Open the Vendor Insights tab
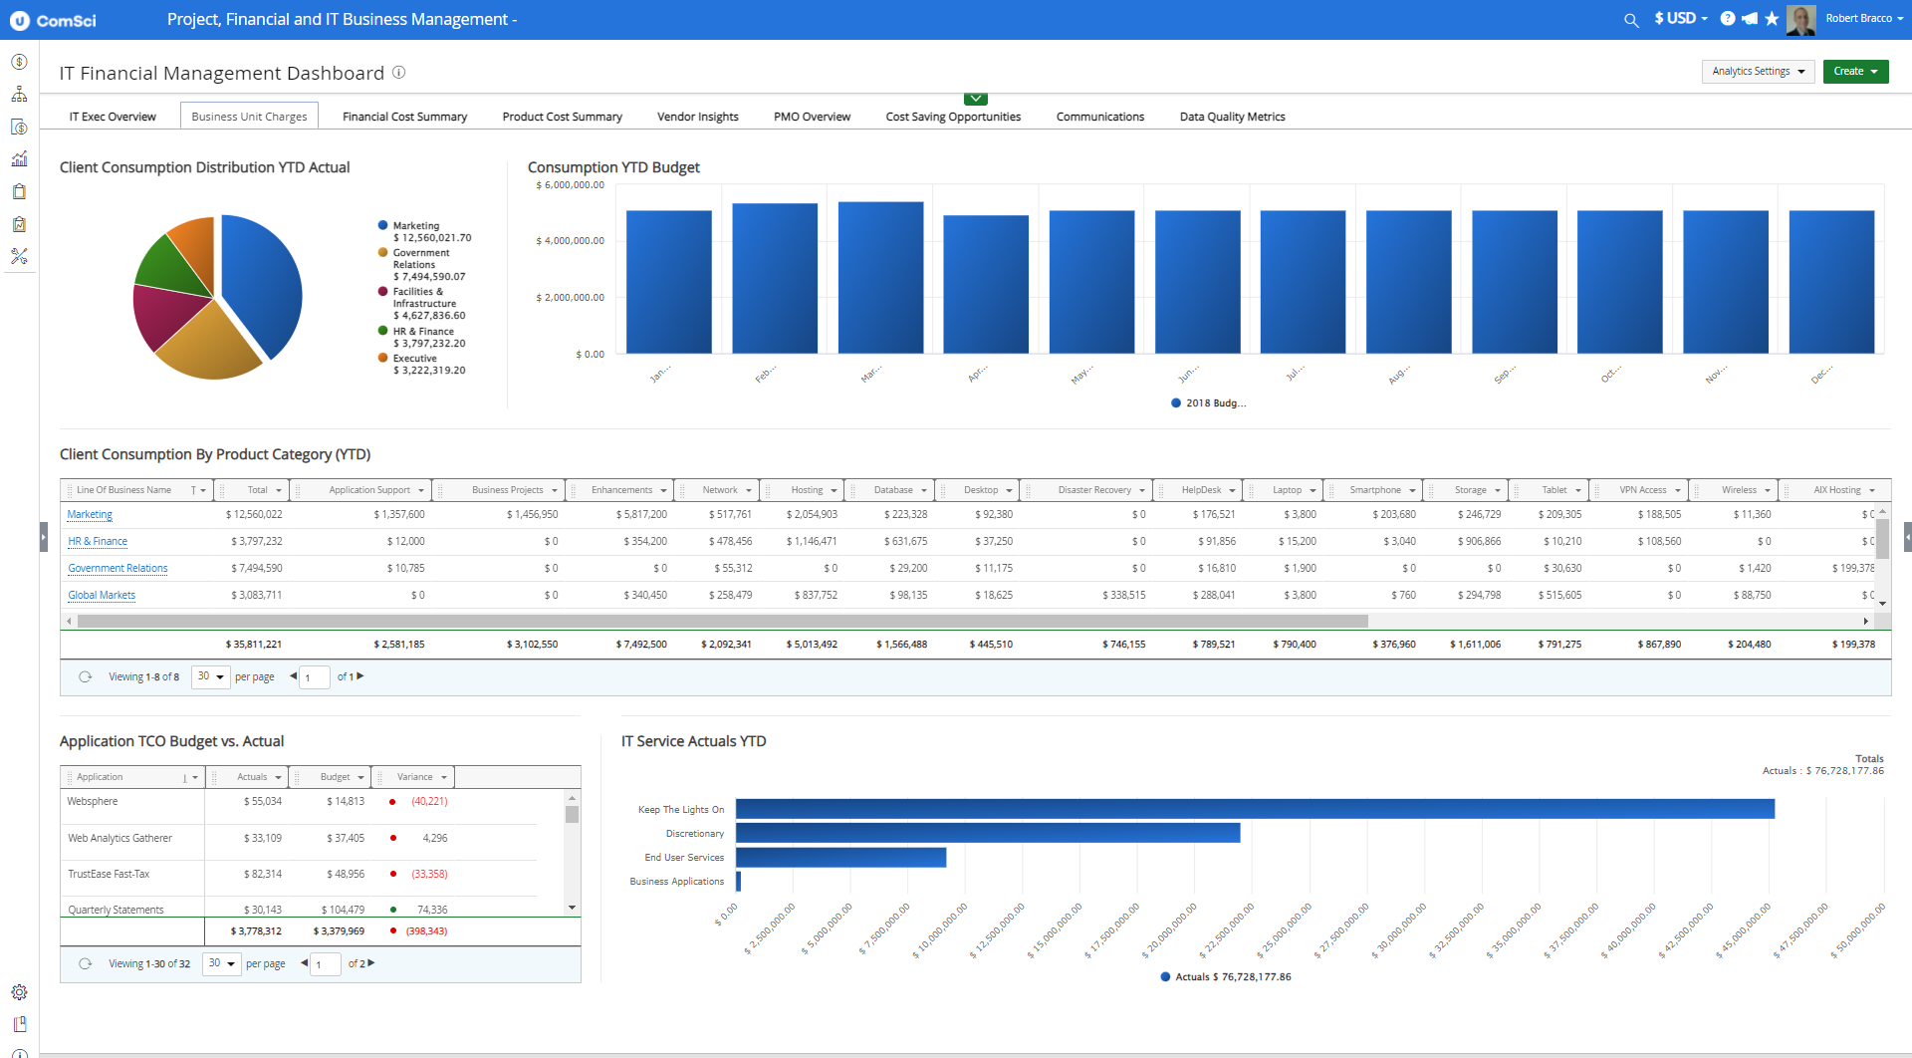tap(697, 117)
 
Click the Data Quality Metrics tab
tap(1232, 117)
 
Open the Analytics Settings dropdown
tap(1758, 72)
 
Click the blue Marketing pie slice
tap(264, 284)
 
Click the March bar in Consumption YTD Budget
tap(880, 278)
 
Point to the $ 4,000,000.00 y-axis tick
tap(570, 241)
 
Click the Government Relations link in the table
tap(118, 569)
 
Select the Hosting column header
tap(807, 490)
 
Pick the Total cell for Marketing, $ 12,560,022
tap(254, 515)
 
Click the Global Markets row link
tap(102, 596)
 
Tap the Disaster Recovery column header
tap(1093, 490)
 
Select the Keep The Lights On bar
tap(1255, 809)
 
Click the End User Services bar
tap(840, 858)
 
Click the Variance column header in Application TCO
tap(414, 777)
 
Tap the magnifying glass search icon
tap(1631, 20)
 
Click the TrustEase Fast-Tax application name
tap(109, 875)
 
